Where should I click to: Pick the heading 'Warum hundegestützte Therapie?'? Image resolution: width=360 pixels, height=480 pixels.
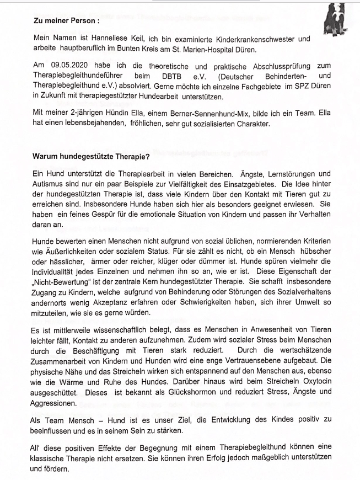tap(87, 157)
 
